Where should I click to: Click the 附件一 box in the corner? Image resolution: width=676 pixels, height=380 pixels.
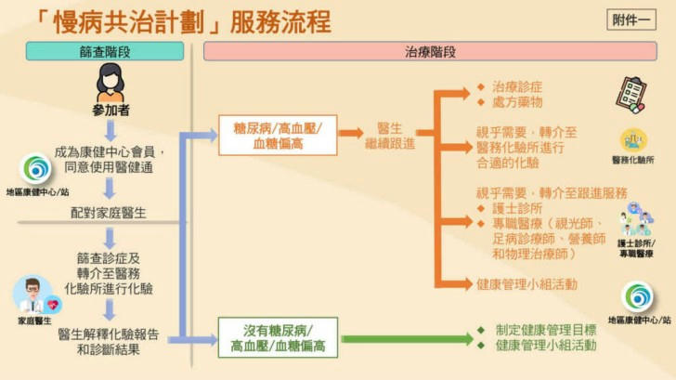pos(631,20)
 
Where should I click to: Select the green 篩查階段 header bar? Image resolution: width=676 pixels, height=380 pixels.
pos(105,51)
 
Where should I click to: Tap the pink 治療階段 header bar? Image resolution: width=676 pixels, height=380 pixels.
pos(430,51)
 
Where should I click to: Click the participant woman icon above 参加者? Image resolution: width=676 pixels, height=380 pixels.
pos(110,83)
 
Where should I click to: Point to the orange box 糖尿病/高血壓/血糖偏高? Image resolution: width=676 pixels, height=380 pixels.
pos(278,136)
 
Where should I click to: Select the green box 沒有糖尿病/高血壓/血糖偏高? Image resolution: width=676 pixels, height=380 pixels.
pos(278,338)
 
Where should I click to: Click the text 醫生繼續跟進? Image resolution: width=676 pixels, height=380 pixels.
pos(390,136)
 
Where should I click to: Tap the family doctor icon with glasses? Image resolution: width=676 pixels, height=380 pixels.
pos(36,295)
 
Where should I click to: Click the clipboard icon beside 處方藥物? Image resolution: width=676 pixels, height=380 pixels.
pos(631,95)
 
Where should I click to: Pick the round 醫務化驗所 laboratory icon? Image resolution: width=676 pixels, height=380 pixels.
pos(633,140)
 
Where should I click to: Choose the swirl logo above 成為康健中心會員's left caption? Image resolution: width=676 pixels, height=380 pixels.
pos(36,169)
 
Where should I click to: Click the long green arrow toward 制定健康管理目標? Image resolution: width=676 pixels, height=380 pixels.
pos(408,338)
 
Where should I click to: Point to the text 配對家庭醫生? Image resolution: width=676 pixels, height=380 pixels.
pos(109,213)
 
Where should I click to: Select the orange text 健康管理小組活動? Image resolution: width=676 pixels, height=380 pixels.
pos(526,284)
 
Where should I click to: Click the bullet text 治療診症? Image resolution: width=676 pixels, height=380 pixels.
pos(517,86)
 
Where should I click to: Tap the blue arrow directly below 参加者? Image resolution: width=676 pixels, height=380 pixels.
pos(110,131)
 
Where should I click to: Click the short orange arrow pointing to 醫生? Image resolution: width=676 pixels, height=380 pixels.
pos(350,133)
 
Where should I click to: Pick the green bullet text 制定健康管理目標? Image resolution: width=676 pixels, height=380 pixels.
pos(546,330)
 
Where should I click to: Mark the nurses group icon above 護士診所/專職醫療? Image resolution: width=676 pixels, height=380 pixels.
pos(636,218)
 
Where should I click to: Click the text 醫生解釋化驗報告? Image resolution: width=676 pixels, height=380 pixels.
pos(109,334)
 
